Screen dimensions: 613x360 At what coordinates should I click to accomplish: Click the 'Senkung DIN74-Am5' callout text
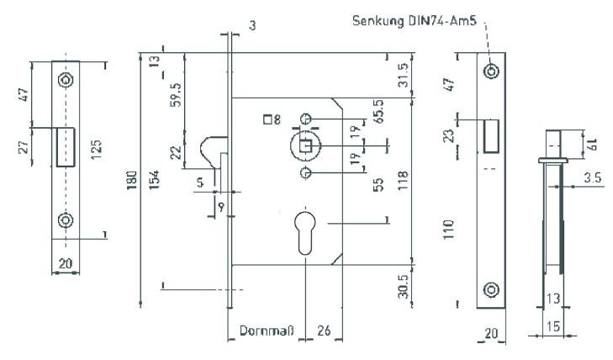[415, 20]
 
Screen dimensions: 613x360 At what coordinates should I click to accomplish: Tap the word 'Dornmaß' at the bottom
[267, 331]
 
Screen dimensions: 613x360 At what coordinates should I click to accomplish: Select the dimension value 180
[132, 180]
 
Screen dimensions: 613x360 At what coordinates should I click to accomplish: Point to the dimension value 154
[155, 180]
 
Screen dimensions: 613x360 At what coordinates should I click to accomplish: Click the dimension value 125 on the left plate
[96, 150]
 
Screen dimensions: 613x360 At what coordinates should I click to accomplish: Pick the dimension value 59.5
[177, 94]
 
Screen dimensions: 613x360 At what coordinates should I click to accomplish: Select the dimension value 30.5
[403, 286]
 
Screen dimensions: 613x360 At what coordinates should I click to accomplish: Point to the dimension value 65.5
[378, 111]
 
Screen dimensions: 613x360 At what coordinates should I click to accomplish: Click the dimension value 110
[449, 230]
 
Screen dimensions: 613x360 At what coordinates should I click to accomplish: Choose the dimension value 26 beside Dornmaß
[324, 331]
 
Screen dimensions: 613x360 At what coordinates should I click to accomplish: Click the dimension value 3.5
[593, 178]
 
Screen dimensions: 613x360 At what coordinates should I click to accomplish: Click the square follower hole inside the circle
[306, 146]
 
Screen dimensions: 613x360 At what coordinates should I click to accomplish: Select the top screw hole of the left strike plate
[66, 80]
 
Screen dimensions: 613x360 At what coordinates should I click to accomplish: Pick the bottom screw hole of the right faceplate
[491, 290]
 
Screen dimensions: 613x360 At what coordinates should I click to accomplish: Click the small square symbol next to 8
[267, 119]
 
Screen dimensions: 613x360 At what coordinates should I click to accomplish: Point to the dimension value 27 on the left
[24, 146]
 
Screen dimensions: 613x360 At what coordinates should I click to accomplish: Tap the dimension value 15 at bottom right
[552, 326]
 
